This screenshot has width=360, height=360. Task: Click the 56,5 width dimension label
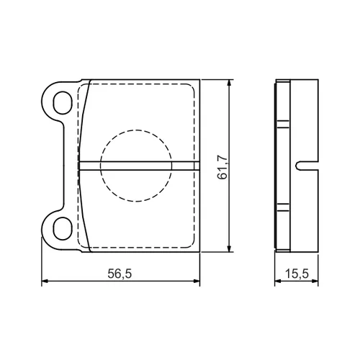pyautogui.click(x=120, y=274)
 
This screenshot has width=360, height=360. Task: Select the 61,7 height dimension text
pyautogui.click(x=222, y=167)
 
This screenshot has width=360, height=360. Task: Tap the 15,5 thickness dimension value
pyautogui.click(x=297, y=274)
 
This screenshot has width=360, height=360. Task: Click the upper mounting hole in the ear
pyautogui.click(x=63, y=102)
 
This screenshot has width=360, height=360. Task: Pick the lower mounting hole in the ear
pyautogui.click(x=63, y=228)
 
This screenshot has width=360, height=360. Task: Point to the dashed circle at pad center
pyautogui.click(x=136, y=130)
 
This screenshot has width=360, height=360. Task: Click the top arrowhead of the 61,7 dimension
pyautogui.click(x=229, y=83)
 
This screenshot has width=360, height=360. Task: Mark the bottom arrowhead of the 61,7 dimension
pyautogui.click(x=229, y=248)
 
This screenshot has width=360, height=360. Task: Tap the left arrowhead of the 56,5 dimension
pyautogui.click(x=45, y=281)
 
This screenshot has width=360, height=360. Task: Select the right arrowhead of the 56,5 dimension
pyautogui.click(x=196, y=281)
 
